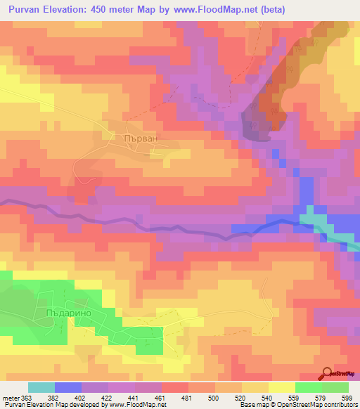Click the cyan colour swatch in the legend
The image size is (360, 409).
(41, 387)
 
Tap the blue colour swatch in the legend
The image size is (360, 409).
(68, 387)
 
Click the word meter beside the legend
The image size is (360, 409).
(12, 398)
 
